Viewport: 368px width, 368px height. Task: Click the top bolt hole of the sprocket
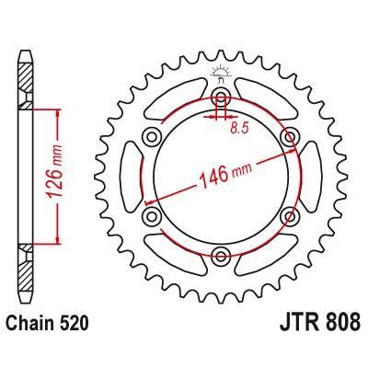[221, 98]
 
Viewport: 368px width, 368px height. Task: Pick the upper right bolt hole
[289, 137]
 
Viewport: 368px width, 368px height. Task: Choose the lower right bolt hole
[289, 215]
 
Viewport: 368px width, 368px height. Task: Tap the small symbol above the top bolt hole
[221, 74]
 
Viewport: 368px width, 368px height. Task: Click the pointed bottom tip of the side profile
[25, 308]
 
